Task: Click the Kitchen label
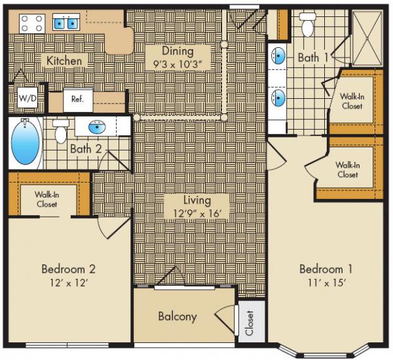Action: point(64,61)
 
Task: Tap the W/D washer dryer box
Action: point(27,98)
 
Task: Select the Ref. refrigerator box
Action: point(77,99)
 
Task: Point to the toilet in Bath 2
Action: point(61,132)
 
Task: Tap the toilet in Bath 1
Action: point(307,25)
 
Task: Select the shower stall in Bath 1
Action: point(366,36)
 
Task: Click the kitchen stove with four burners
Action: point(31,24)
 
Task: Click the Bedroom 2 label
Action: point(69,268)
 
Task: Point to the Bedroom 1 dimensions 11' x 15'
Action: point(322,283)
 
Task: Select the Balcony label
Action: point(178,317)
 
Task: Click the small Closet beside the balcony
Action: point(250,321)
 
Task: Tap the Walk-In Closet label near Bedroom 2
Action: point(48,199)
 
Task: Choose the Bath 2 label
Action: point(86,149)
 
